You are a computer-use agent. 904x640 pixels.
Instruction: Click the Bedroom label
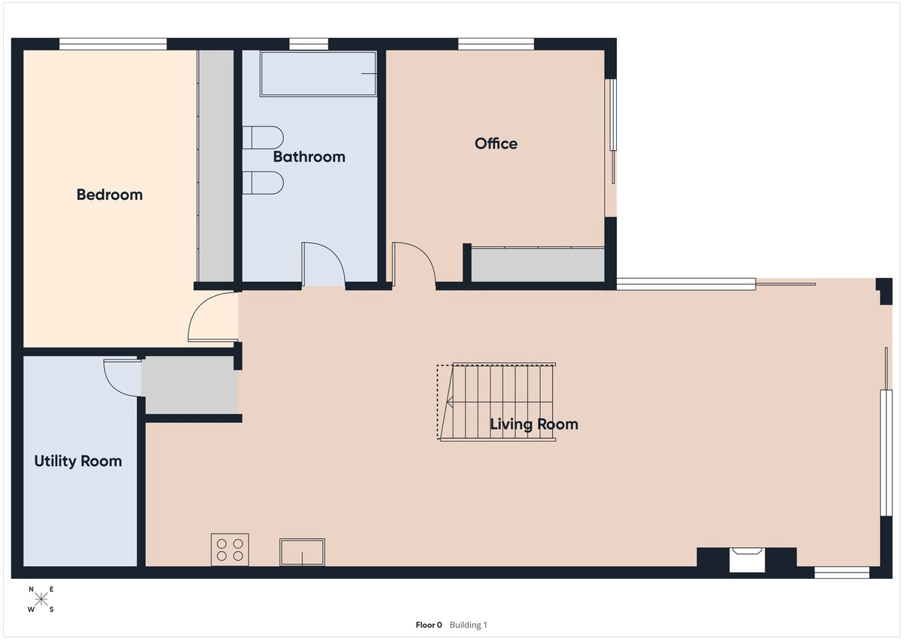(x=109, y=194)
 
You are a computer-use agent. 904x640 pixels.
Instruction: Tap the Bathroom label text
(x=309, y=157)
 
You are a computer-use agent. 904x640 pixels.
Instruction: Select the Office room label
(x=496, y=143)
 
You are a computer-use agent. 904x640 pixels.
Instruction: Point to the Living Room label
(x=534, y=424)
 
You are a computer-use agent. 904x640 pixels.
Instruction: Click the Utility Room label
(x=78, y=461)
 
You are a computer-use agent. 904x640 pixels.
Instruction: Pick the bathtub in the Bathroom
(x=317, y=73)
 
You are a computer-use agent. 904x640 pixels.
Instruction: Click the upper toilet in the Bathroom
(x=262, y=138)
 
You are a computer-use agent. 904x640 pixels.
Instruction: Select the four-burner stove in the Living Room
(x=230, y=549)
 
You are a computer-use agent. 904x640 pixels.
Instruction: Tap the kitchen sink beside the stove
(x=302, y=552)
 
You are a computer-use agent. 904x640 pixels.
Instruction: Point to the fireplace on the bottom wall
(x=747, y=560)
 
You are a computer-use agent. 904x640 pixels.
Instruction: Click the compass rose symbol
(x=41, y=599)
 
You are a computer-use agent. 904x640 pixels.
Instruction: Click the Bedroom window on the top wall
(x=113, y=44)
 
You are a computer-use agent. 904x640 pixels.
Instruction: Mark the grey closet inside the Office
(x=538, y=265)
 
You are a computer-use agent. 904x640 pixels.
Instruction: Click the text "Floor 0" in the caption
(x=429, y=625)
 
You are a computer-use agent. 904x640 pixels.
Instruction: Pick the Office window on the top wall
(x=496, y=44)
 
